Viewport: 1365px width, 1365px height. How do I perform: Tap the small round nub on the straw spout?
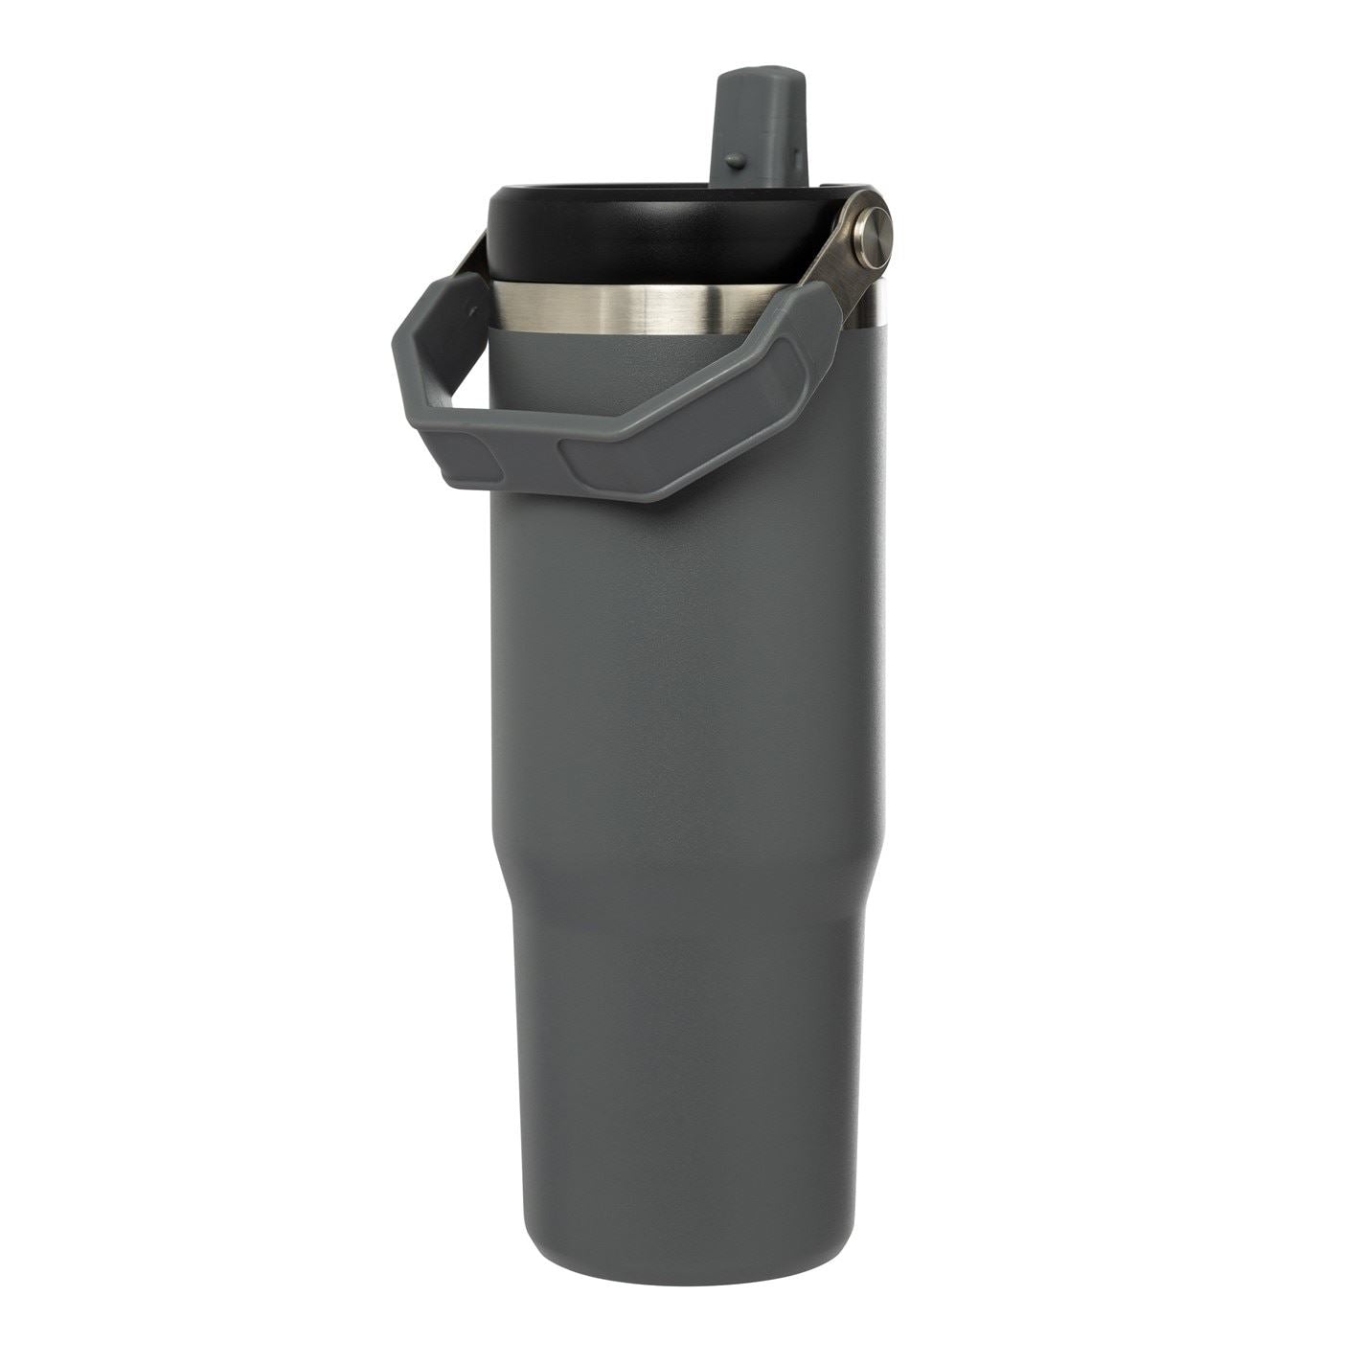coord(734,159)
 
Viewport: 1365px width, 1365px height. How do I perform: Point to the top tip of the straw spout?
coord(762,71)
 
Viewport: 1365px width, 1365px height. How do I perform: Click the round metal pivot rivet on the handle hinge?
coord(872,239)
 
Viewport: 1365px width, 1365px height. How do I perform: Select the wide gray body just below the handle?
coord(685,623)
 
